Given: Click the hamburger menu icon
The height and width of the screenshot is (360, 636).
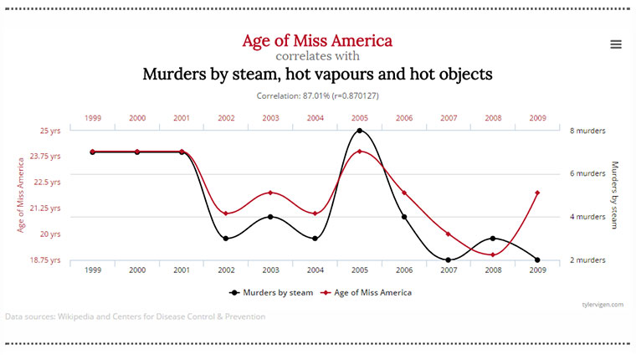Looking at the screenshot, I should pos(616,44).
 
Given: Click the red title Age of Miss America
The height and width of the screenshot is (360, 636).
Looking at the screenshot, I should pos(317,40).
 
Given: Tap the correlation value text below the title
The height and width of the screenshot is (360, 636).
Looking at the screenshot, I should pos(317,95).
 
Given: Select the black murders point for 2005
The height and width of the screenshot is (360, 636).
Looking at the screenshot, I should pos(360,131).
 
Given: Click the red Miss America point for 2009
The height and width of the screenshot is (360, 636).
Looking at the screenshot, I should pos(537,193).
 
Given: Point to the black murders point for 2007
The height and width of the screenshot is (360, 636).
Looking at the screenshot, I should pos(449,260).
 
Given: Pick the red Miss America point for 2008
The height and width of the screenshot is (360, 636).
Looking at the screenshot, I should pos(493,255).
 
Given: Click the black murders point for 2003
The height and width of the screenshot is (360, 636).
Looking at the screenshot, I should pos(270,217).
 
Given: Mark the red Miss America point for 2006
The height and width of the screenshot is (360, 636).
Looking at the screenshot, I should pos(404,193).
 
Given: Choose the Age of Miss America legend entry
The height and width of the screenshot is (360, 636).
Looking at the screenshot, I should pos(368,293).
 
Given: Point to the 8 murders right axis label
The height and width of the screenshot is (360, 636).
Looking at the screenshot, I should pos(587,131).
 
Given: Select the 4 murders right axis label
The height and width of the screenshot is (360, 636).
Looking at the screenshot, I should pos(587,217).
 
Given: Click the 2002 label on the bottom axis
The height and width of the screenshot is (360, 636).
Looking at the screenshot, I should pos(226,271).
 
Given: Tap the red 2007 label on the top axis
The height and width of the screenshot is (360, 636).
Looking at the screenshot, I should pos(449,118).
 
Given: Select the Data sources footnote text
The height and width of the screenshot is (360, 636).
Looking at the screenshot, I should pos(135,316).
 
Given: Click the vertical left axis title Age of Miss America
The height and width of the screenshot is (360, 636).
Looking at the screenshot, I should pos(20,194).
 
